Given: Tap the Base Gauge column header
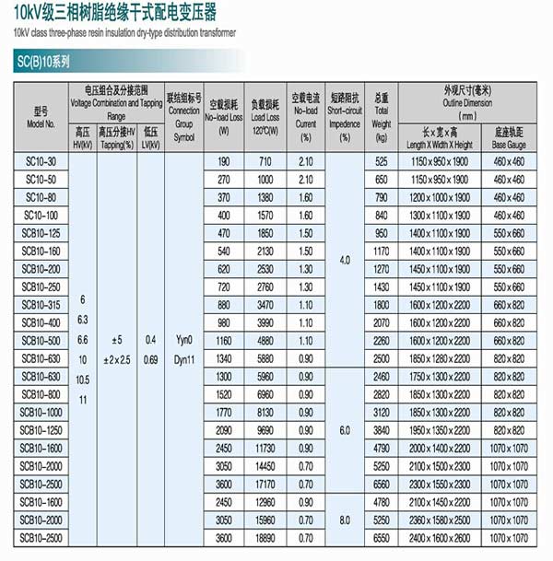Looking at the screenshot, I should click(x=508, y=138).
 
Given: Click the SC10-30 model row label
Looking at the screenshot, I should click(x=41, y=161).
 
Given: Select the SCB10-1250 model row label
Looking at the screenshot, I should click(x=41, y=429).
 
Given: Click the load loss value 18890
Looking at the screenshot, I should click(x=265, y=536).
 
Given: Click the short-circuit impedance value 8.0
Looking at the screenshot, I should click(x=344, y=520).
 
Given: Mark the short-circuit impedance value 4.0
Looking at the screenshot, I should click(x=344, y=261).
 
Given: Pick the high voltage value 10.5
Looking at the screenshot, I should click(x=83, y=380).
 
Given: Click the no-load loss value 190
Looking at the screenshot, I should click(x=222, y=161).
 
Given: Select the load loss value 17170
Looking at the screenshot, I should click(x=265, y=483).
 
